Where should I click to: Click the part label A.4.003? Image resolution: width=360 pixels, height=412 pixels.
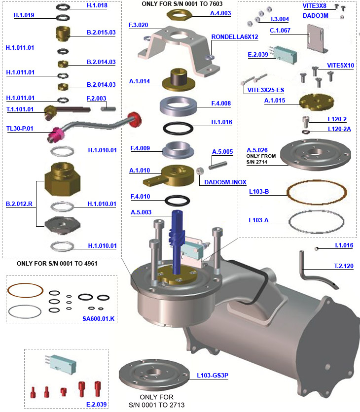point(220,14)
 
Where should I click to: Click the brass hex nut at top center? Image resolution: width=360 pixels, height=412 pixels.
point(180,14)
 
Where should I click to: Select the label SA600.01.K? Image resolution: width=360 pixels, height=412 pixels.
point(99,319)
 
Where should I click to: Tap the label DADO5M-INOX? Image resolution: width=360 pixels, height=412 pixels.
point(225,182)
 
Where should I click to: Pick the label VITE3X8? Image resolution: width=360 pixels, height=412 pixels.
point(314,5)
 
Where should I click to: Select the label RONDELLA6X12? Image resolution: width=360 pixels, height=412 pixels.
point(235,37)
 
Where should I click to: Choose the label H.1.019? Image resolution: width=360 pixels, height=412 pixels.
point(24,15)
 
